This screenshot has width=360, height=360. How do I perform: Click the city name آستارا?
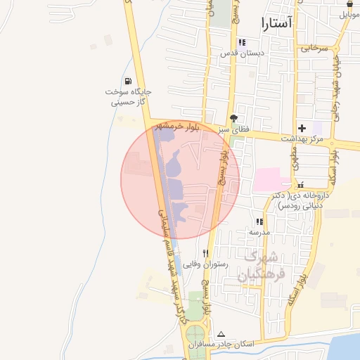click(275, 23)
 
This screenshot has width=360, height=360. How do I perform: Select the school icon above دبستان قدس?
click(242, 42)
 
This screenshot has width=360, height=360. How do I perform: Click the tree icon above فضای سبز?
click(233, 118)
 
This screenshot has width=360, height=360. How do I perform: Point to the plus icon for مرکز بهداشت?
click(302, 128)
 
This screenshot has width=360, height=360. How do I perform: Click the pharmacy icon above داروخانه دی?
click(301, 185)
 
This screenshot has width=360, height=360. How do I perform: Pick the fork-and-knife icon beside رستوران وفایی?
click(205, 253)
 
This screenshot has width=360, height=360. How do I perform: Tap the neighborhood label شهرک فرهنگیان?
click(258, 266)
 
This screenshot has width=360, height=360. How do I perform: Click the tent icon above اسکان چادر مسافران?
click(221, 334)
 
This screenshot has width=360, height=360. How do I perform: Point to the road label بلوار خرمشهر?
click(195, 127)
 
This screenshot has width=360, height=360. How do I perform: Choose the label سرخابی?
click(314, 49)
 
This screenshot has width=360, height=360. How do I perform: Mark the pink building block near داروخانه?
click(267, 179)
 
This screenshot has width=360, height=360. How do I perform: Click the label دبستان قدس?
click(242, 53)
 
